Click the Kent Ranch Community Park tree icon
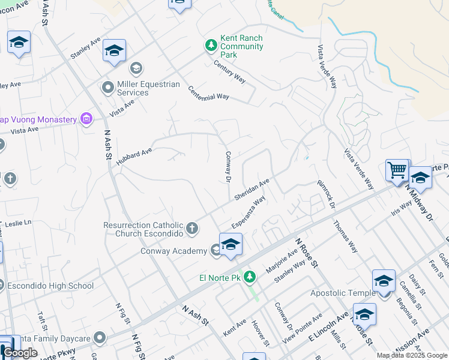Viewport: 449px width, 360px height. pyautogui.click(x=211, y=46)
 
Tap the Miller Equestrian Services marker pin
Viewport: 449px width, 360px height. pyautogui.click(x=108, y=88)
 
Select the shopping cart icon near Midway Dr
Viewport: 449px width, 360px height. pyautogui.click(x=397, y=170)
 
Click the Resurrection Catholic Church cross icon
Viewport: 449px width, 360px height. pyautogui.click(x=191, y=228)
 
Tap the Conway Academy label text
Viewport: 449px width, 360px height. pyautogui.click(x=173, y=251)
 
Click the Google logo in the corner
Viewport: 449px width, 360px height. pyautogui.click(x=20, y=353)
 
